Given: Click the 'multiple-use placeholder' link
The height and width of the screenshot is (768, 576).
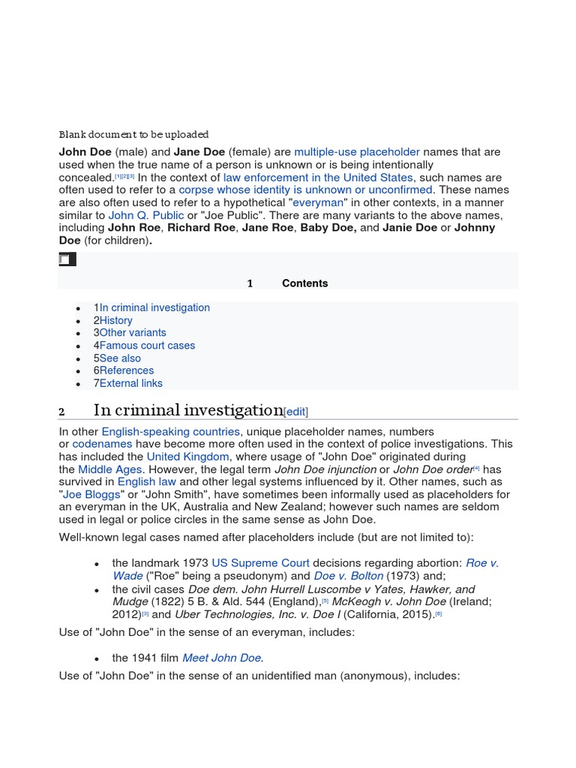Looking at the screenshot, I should pos(357,152).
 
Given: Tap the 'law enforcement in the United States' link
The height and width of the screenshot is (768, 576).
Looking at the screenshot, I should pos(318,178).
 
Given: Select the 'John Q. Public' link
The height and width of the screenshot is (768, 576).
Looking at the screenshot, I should pos(146,215).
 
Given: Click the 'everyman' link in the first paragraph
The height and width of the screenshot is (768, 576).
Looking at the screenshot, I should pos(317,202).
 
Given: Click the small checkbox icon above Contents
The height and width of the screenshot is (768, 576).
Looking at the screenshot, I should pos(64,259).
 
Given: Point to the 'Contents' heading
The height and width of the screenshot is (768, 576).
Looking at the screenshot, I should pos(304,283).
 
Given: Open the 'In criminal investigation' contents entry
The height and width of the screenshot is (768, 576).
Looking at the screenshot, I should pos(154,307).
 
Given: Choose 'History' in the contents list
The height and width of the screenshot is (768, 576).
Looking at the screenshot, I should pos(115,320).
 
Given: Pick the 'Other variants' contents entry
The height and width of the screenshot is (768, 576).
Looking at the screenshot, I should pos(133,333).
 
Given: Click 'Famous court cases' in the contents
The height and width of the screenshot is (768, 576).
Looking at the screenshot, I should pos(147,346).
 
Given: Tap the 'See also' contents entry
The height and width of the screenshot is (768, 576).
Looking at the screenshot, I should pos(120,358).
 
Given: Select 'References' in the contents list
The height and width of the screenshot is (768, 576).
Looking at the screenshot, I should pos(126,370).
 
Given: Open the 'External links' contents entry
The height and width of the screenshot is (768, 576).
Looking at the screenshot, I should pos(130,383).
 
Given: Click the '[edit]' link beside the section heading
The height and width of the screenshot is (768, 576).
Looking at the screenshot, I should pos(295,412).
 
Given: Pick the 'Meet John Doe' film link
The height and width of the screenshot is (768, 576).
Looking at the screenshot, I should pos(222,658).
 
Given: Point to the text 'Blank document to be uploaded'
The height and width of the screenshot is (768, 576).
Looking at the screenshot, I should pos(133,135).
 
